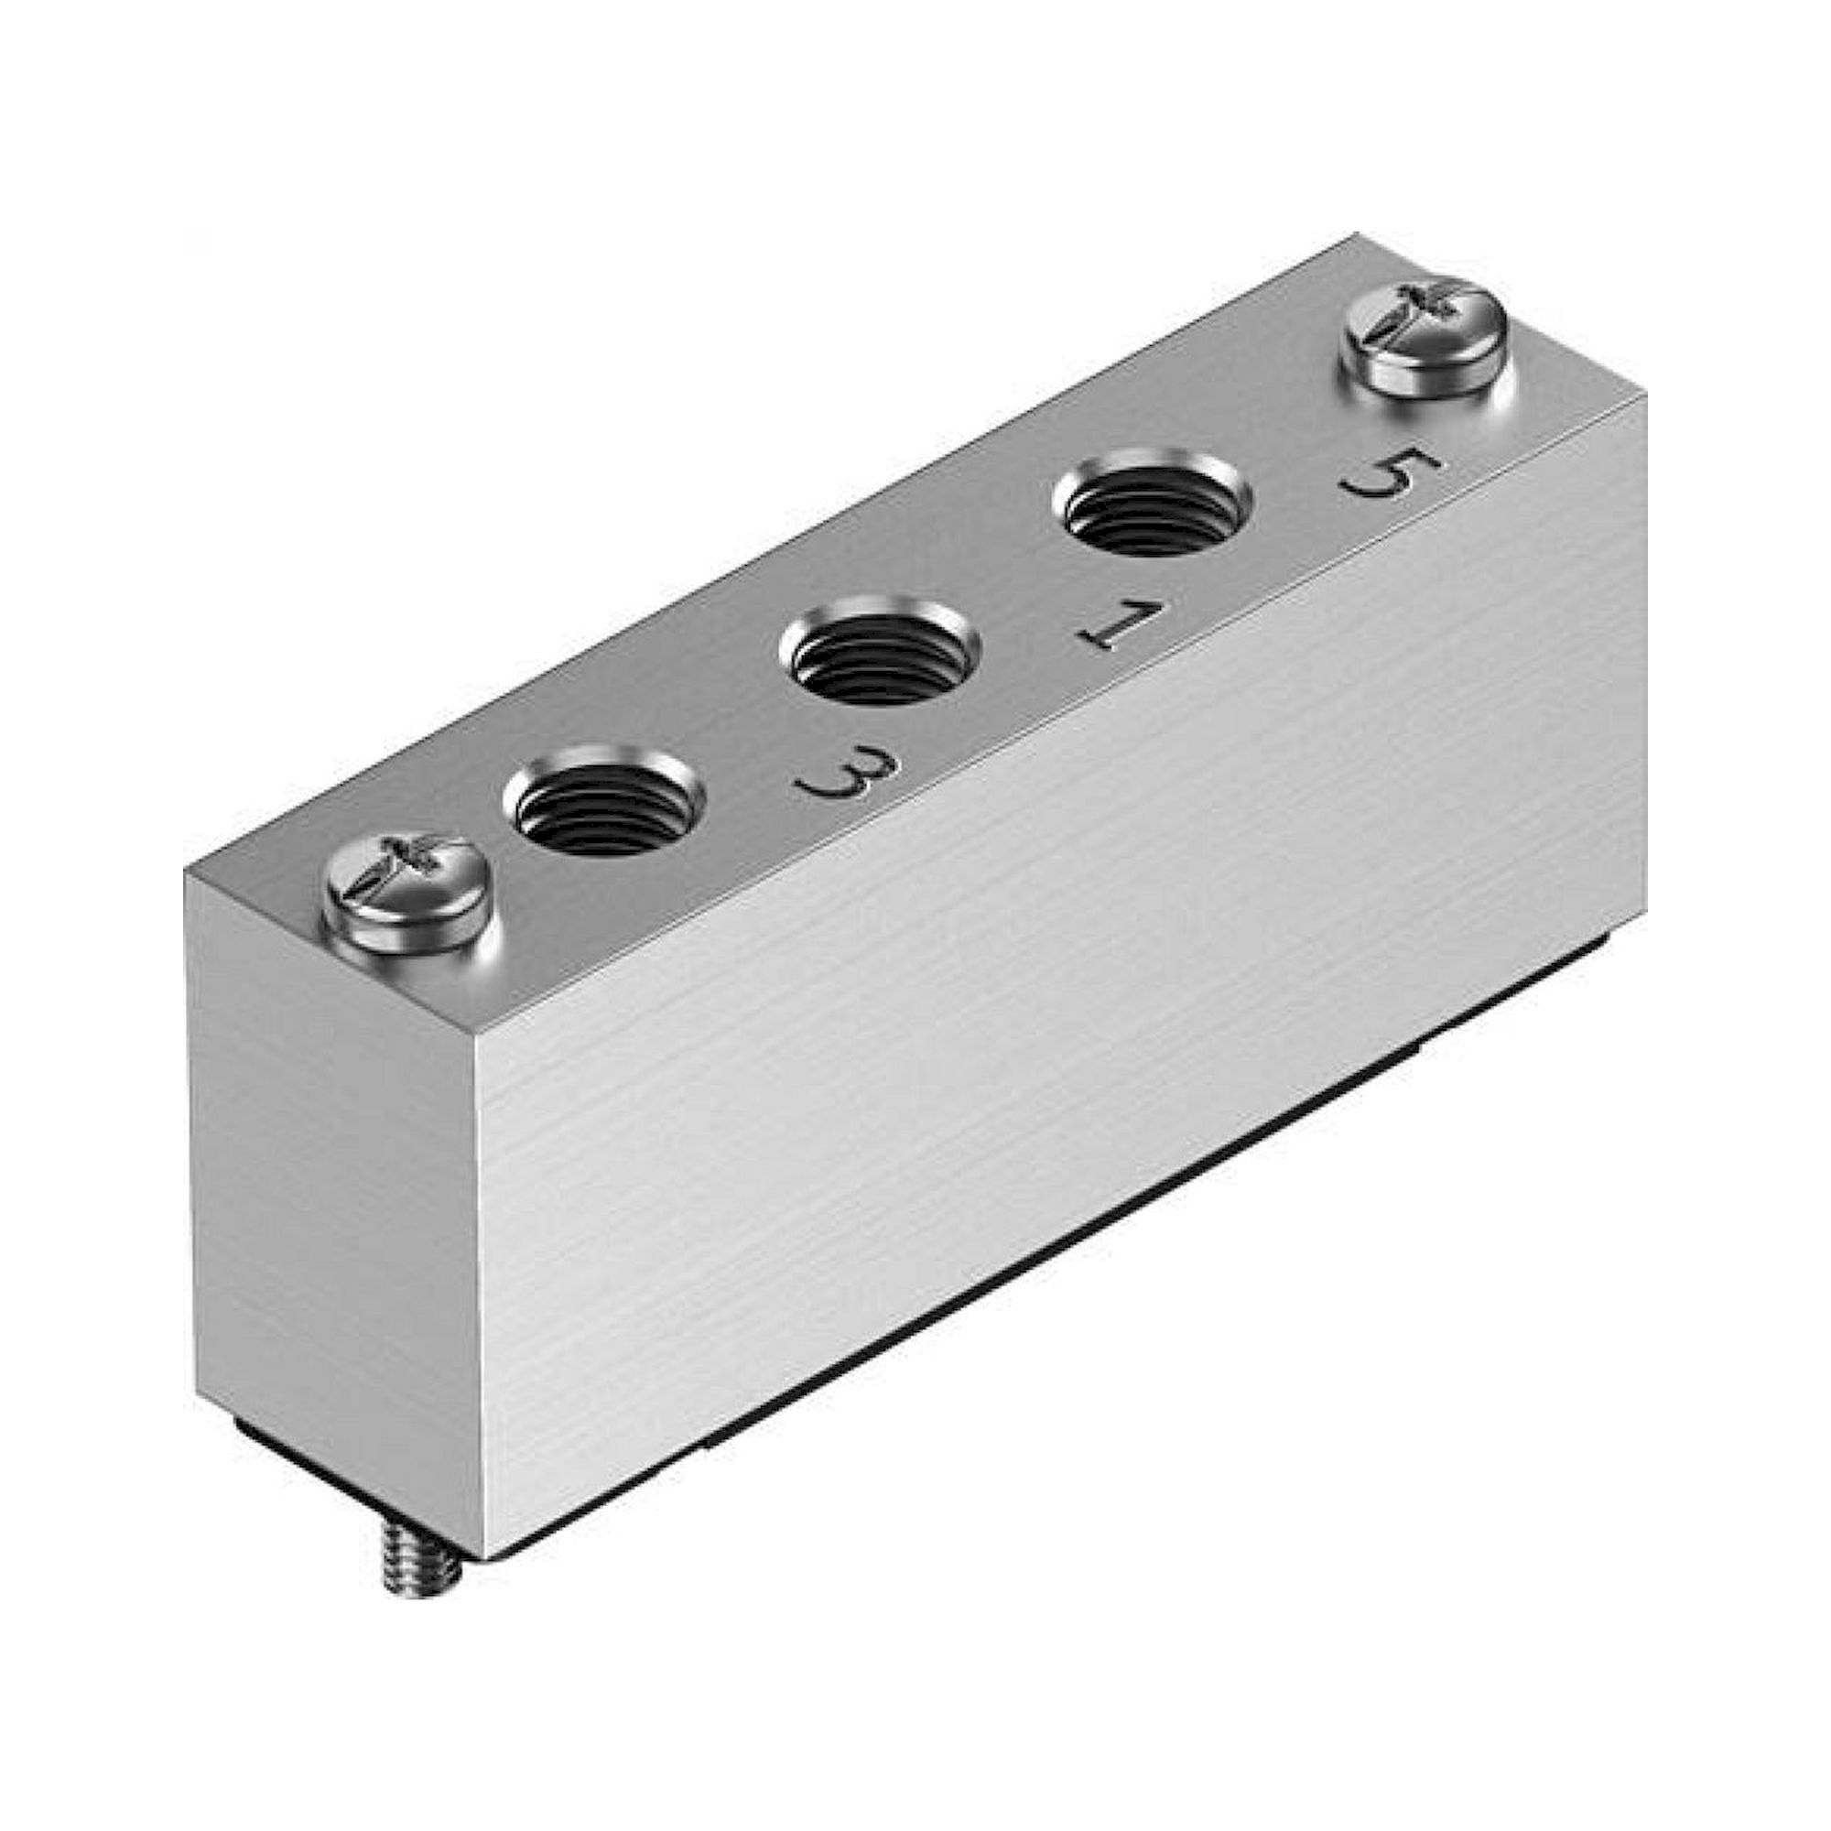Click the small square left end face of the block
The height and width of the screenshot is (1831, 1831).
click(x=331, y=1185)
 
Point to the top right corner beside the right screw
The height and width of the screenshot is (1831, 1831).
click(x=1645, y=398)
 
